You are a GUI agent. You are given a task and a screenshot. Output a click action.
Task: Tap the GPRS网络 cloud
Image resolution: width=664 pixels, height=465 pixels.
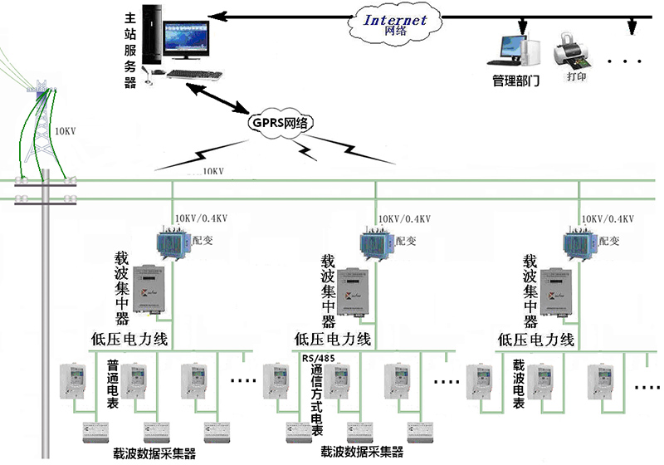279,122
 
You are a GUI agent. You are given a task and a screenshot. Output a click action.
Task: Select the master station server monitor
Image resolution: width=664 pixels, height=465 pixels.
184,41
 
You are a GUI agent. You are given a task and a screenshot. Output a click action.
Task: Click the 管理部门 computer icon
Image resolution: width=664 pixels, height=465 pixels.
510,49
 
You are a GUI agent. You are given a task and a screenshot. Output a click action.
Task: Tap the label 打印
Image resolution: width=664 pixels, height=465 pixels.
577,77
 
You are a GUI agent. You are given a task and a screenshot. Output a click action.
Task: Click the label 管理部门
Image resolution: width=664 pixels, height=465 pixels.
515,81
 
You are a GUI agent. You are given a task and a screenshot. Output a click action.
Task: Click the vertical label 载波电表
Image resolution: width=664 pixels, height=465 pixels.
519,384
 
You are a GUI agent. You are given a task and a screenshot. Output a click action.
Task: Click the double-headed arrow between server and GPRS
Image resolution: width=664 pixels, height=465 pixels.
214,94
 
